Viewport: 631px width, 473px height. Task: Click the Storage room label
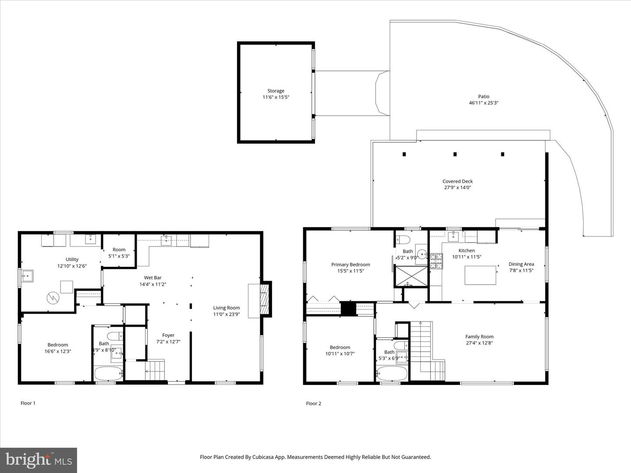pyautogui.click(x=276, y=91)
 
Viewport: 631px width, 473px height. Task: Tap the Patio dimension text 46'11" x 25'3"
pyautogui.click(x=483, y=102)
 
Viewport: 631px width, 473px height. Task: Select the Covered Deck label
pyautogui.click(x=457, y=181)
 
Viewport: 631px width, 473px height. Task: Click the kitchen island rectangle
pyautogui.click(x=480, y=275)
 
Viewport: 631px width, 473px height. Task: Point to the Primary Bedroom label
pyautogui.click(x=351, y=265)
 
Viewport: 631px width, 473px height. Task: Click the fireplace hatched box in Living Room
pyautogui.click(x=264, y=299)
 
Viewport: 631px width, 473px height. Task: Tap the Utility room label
pyautogui.click(x=72, y=259)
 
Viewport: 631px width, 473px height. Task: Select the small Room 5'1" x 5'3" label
pyautogui.click(x=119, y=253)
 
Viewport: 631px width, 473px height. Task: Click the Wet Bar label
pyautogui.click(x=152, y=278)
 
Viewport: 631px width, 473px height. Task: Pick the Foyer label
pyautogui.click(x=168, y=335)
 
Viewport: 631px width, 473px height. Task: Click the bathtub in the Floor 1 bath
pyautogui.click(x=109, y=373)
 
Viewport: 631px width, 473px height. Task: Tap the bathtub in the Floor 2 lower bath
pyautogui.click(x=392, y=373)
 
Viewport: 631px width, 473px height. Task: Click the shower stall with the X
pyautogui.click(x=411, y=276)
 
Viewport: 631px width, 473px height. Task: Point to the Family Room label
pyautogui.click(x=479, y=337)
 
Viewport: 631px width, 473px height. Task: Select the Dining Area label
pyautogui.click(x=521, y=264)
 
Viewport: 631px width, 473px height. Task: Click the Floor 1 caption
pyautogui.click(x=28, y=403)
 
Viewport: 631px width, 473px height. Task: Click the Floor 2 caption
pyautogui.click(x=313, y=403)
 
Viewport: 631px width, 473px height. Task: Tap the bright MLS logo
pyautogui.click(x=39, y=460)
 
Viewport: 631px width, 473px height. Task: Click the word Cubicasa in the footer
pyautogui.click(x=263, y=457)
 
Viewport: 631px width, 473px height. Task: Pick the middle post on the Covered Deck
pyautogui.click(x=455, y=154)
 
